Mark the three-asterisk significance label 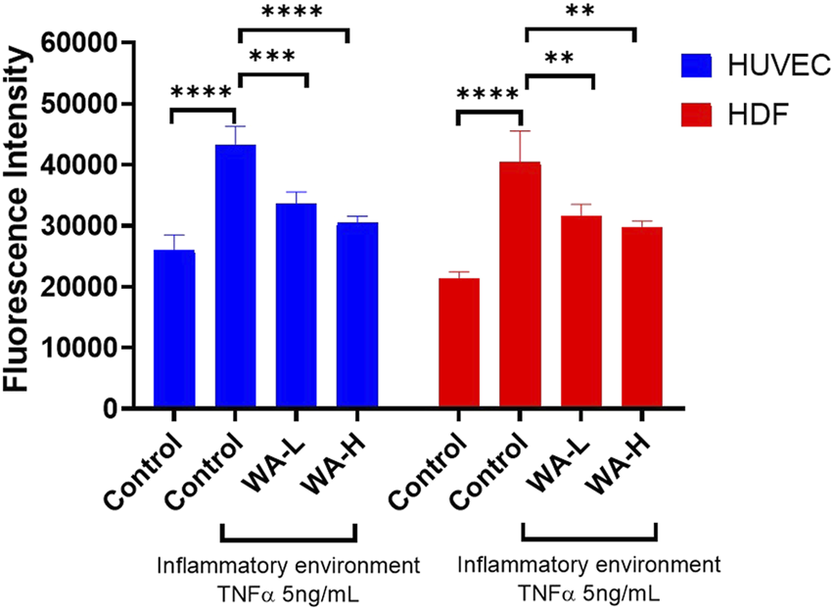click(x=273, y=56)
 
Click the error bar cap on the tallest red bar click(x=520, y=131)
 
